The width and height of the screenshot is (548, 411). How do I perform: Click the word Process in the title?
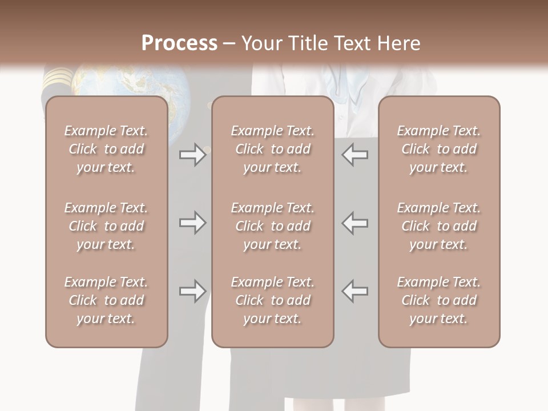point(179,43)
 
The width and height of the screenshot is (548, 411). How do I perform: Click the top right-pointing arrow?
point(192,155)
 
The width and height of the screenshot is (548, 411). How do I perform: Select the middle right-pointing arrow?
point(192,223)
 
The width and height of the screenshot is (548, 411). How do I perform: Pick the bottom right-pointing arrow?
point(192,291)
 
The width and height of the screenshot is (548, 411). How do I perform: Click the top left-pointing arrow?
point(355,155)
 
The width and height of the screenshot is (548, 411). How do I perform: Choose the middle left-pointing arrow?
point(355,223)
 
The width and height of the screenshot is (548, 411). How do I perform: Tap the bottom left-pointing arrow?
point(355,291)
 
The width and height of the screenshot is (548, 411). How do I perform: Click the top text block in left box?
point(106,149)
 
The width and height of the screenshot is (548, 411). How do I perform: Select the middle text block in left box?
point(106,226)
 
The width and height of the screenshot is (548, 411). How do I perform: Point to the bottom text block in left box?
point(106,300)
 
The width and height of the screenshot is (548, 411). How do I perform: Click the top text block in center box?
point(273,149)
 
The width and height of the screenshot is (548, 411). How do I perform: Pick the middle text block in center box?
point(273,226)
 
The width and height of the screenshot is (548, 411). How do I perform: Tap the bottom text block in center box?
point(273,300)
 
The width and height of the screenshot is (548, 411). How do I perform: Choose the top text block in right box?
point(439,149)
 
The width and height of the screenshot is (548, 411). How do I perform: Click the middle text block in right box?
point(439,226)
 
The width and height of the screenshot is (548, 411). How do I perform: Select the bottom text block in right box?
point(439,300)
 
